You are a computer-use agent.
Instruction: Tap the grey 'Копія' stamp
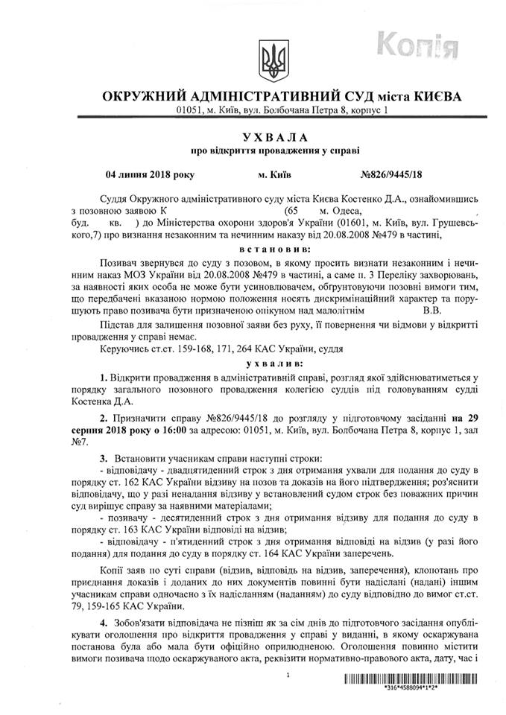tap(422, 46)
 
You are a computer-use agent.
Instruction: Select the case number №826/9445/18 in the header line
tap(394, 176)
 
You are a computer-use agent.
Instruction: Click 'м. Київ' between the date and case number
tap(274, 176)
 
